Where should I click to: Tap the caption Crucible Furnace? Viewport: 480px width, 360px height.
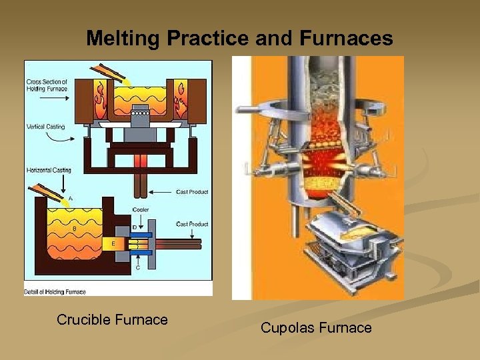point(112,320)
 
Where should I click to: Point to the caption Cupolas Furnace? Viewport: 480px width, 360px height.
point(316,328)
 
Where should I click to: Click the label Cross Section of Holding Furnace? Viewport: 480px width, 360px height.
point(47,84)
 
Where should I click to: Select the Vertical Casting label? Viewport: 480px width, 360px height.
point(45,126)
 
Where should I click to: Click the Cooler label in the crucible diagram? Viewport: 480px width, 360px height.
point(141,211)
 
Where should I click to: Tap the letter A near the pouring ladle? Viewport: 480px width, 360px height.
point(71,199)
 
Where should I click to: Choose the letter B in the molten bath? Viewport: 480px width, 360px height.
point(75,229)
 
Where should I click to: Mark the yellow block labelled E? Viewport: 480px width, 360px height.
point(114,244)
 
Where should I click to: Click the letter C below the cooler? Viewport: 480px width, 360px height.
point(138,268)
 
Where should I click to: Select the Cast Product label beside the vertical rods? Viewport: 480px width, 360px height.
point(192,192)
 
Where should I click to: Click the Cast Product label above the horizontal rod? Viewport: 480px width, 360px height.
point(192,224)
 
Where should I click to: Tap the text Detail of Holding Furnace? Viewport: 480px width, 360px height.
point(55,291)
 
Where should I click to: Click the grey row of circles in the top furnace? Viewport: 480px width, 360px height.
point(140,114)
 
